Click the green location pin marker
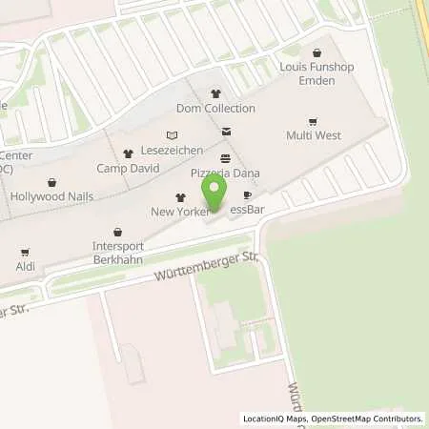[x=216, y=191]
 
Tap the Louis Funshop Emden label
[x=313, y=75]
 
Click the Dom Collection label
[x=216, y=108]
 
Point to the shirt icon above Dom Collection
[x=216, y=93]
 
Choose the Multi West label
[x=314, y=135]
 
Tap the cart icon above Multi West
[x=314, y=121]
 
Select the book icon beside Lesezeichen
[x=172, y=136]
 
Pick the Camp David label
[x=127, y=168]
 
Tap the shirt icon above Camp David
[x=127, y=153]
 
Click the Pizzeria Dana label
[x=226, y=173]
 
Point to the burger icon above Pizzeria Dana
[x=225, y=158]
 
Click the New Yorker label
[x=173, y=210]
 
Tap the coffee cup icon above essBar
[x=247, y=195]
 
